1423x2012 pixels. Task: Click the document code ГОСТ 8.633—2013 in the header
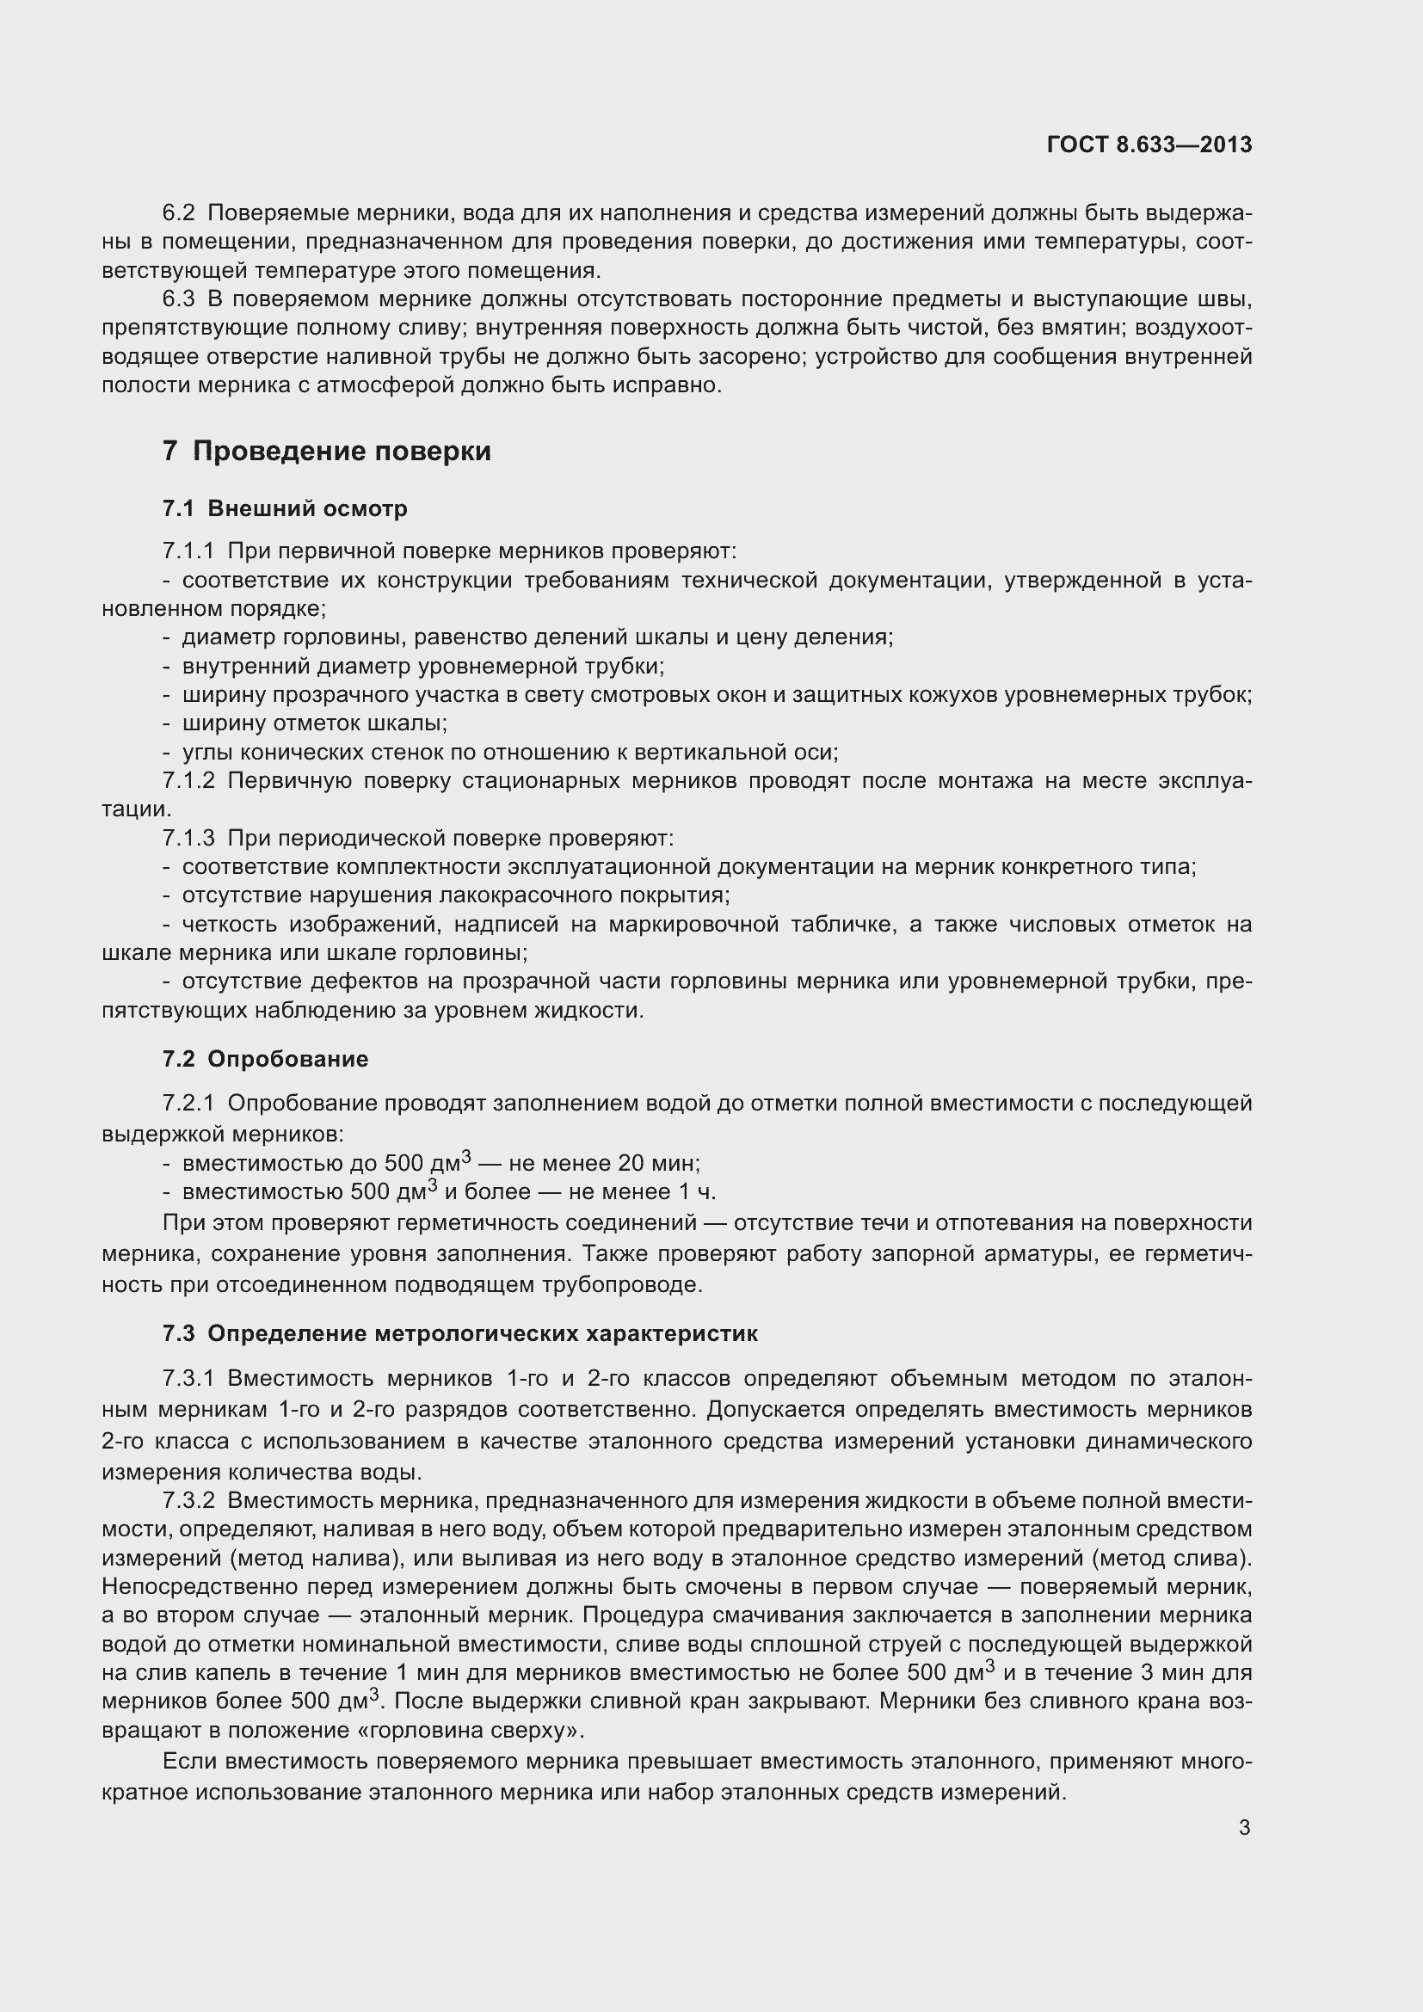(1149, 145)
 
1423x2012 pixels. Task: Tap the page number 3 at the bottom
(1244, 1827)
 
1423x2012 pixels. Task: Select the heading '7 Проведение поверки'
(326, 452)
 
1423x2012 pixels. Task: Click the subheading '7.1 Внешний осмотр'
(285, 508)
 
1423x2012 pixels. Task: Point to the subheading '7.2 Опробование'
(265, 1059)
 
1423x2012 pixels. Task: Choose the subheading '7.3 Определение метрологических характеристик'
(460, 1334)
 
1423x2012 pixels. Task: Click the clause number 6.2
(179, 213)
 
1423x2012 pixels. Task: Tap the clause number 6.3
(179, 298)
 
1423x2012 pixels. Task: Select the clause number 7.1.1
(188, 551)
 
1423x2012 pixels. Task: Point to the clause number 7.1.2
(188, 781)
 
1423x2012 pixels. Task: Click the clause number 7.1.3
(188, 839)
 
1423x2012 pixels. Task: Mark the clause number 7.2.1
(188, 1104)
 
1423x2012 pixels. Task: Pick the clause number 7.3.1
(188, 1378)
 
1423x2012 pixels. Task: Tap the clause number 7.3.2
(188, 1501)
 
